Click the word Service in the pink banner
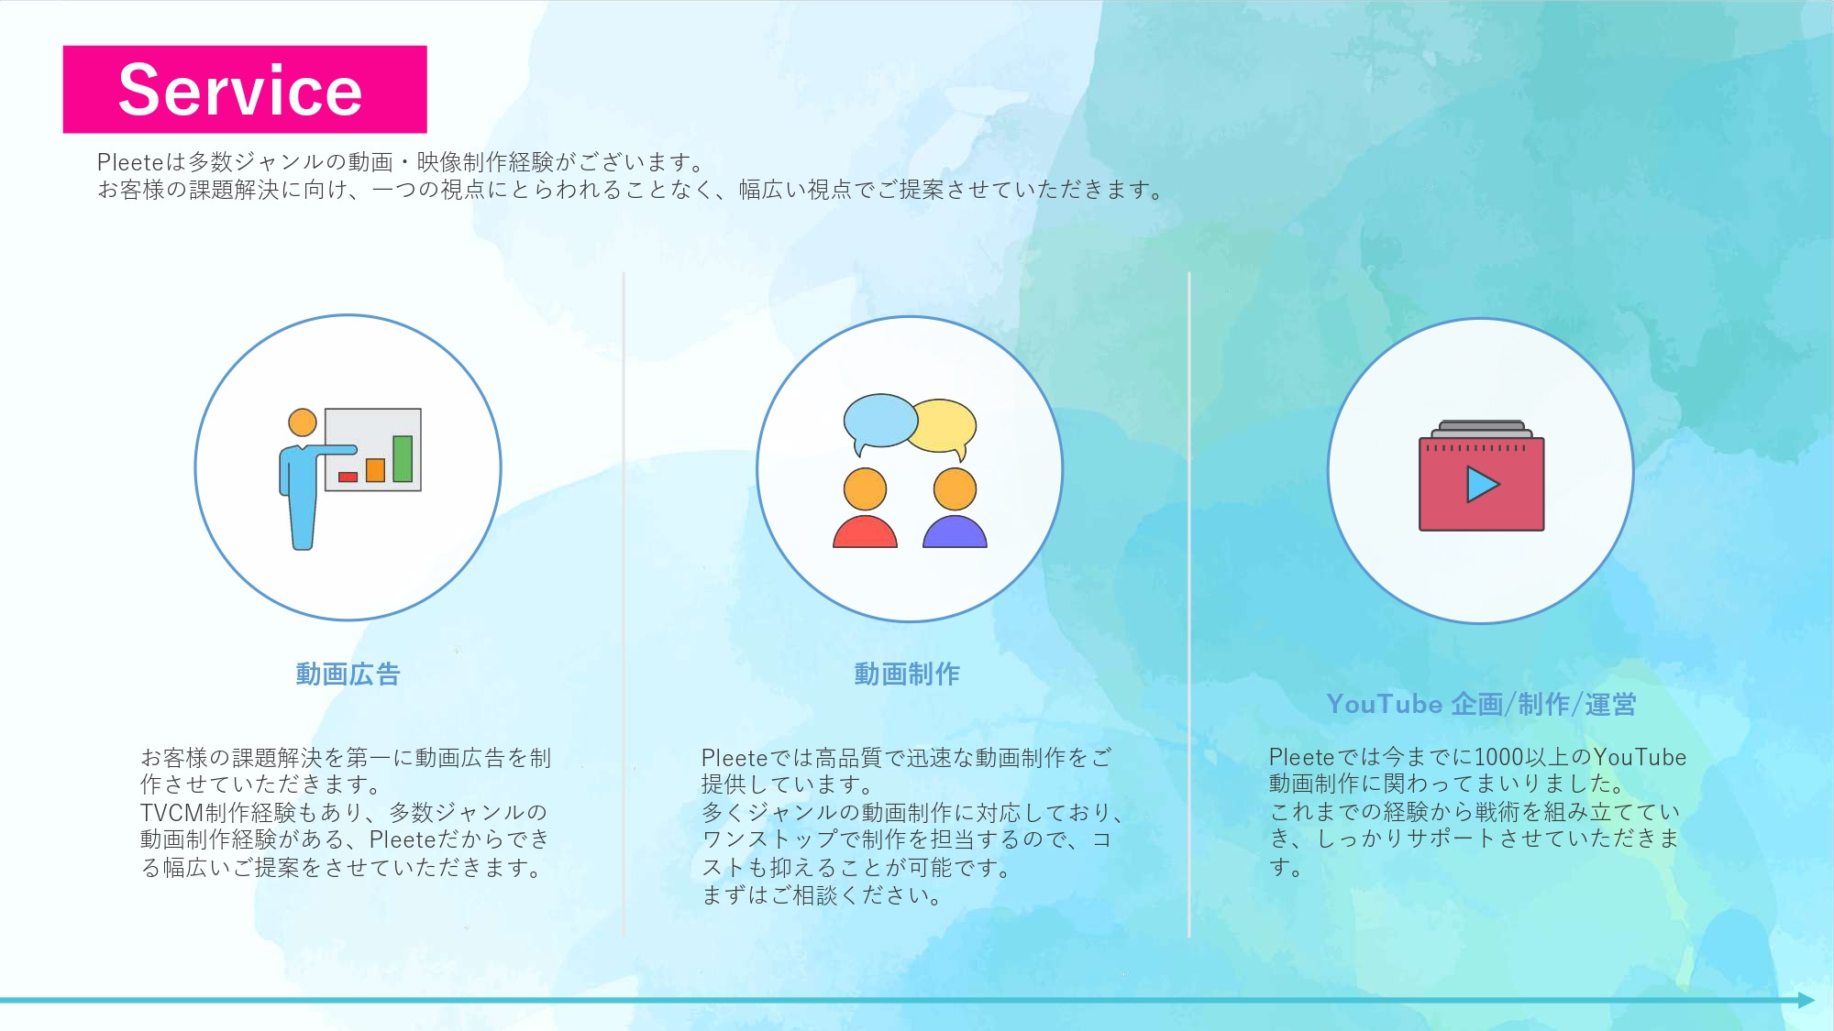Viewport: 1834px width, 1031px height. (240, 90)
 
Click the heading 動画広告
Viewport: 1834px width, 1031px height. (348, 675)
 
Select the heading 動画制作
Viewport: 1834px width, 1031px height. (907, 675)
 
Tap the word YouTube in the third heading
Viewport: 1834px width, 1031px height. (1385, 704)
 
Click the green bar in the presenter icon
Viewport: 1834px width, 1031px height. (403, 458)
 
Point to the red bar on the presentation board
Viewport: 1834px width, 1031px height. (348, 477)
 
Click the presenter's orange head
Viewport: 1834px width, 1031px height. (303, 422)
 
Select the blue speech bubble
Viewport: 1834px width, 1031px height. (880, 422)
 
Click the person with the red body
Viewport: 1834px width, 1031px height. (865, 508)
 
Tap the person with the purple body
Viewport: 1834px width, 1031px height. (955, 508)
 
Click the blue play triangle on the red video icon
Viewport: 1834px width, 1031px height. (1482, 485)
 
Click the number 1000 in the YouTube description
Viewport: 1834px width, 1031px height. (1498, 757)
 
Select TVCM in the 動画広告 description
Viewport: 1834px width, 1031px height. (171, 813)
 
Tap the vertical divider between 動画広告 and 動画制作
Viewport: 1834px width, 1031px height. (624, 604)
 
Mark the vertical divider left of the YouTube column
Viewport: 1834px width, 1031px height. (1189, 604)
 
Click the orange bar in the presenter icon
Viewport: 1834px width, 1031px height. (375, 470)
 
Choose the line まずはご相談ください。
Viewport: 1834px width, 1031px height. (823, 895)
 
